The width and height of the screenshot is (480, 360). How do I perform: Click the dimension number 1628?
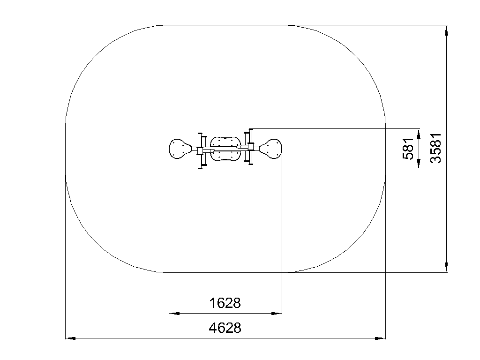click(225, 303)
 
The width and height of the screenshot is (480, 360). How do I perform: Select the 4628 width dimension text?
click(225, 328)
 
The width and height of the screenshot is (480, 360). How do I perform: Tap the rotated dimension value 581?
click(408, 149)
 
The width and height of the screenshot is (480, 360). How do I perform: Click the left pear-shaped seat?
click(180, 149)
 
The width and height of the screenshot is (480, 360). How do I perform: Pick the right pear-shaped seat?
click(271, 149)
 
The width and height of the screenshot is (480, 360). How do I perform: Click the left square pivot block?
click(200, 150)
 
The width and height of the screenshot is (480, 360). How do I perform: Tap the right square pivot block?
click(251, 147)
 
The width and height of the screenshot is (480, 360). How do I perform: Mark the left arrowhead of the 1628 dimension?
click(174, 314)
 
